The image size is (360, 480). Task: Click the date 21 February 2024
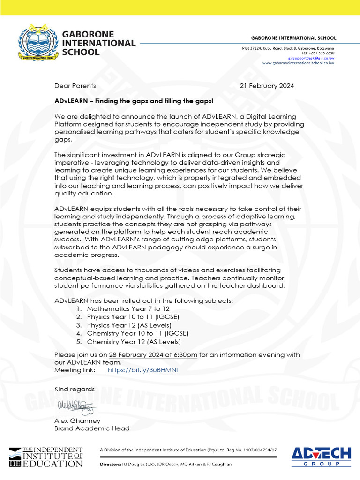[x=267, y=86]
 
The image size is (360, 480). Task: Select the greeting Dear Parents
[x=75, y=86]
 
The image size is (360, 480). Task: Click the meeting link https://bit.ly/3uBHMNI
[x=143, y=370]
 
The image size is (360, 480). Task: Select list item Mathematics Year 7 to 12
[x=128, y=309]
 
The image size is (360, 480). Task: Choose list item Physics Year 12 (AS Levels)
[x=129, y=325]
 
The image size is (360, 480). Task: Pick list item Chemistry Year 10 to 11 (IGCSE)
[x=138, y=333]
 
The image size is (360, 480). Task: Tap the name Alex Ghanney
[x=77, y=420]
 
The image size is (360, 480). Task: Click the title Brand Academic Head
[x=92, y=428]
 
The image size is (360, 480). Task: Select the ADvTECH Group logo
[x=321, y=456]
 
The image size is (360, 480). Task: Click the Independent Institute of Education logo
[x=45, y=457]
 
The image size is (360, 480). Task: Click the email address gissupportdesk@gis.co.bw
[x=311, y=58]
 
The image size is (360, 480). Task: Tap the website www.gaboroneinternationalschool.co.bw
[x=298, y=63]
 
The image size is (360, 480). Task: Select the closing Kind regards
[x=75, y=389]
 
